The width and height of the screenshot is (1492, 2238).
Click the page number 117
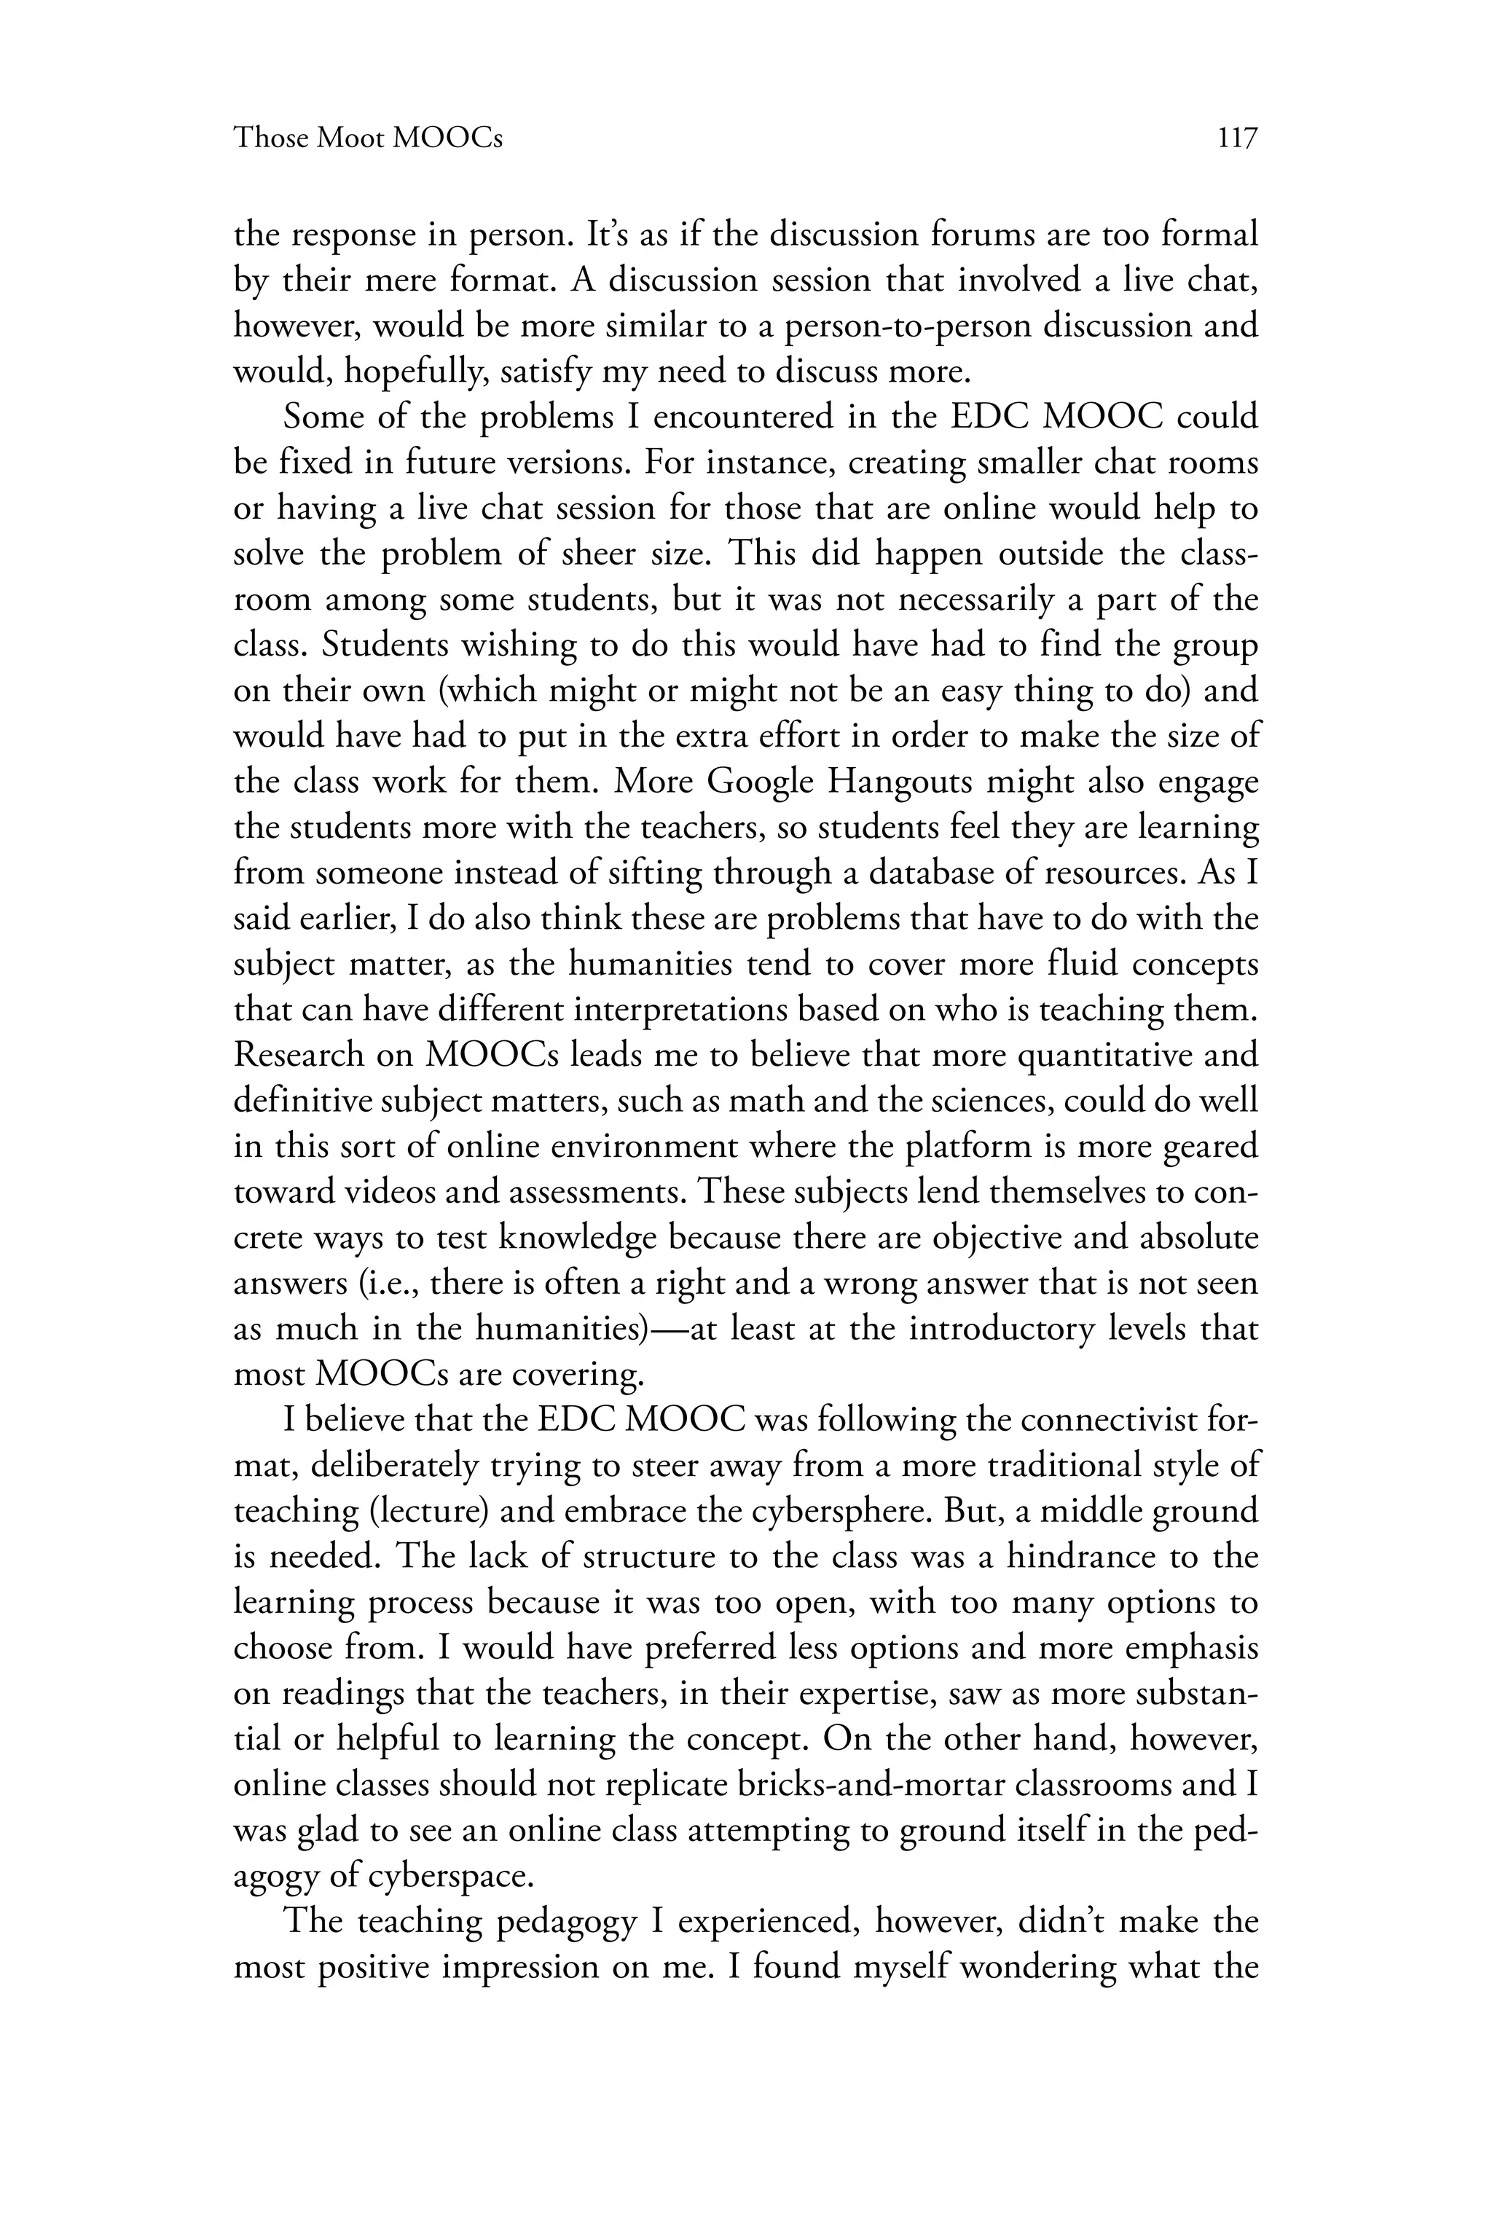(x=1237, y=139)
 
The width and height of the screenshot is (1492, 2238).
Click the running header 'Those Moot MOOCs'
(x=368, y=139)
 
